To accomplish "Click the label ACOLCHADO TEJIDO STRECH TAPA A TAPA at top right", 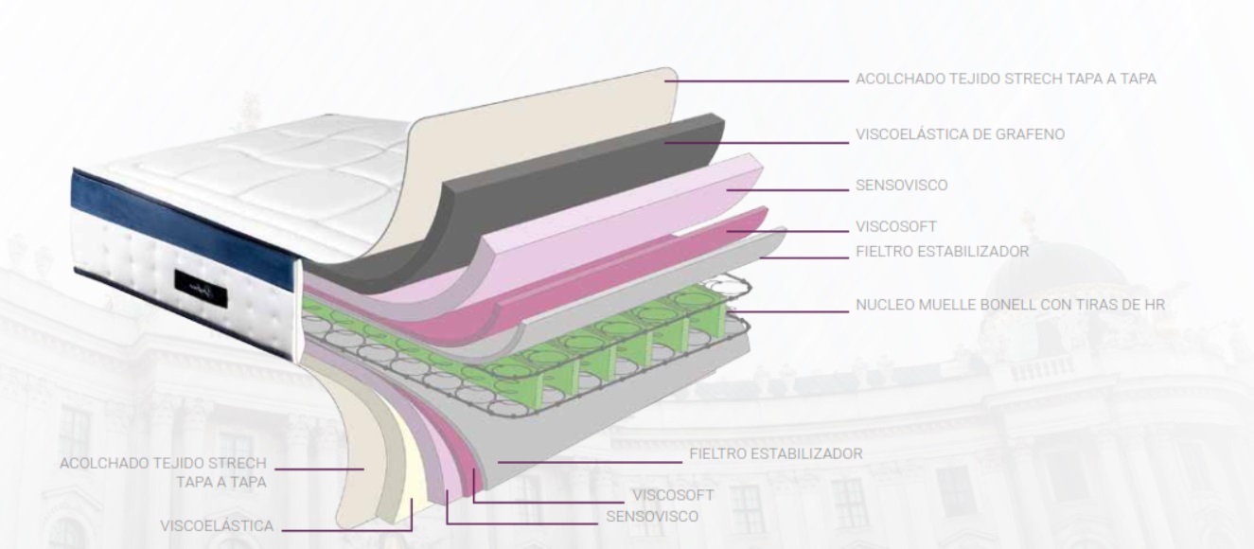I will pyautogui.click(x=1005, y=80).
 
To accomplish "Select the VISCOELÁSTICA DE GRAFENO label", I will pyautogui.click(x=960, y=134).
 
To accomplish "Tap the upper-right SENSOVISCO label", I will pyautogui.click(x=901, y=186).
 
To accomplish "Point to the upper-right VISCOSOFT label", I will pyautogui.click(x=895, y=227).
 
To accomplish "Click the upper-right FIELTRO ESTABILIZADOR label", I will pyautogui.click(x=942, y=252).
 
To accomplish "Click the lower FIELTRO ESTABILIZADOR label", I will pyautogui.click(x=775, y=453).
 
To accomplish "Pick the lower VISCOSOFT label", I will pyautogui.click(x=672, y=495).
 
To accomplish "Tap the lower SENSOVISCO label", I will pyautogui.click(x=652, y=517).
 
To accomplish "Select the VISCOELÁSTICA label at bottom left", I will pyautogui.click(x=217, y=526).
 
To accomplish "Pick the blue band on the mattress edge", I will pyautogui.click(x=180, y=218).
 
